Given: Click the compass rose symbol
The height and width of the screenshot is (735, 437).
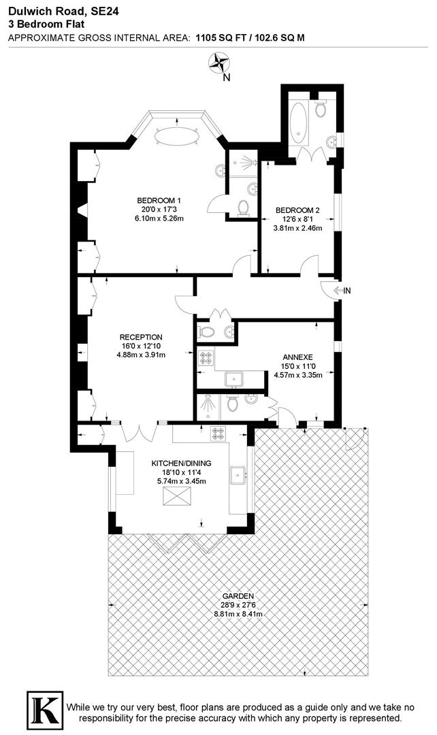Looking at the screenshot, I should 220,63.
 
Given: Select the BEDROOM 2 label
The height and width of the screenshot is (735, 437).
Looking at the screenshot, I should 297,210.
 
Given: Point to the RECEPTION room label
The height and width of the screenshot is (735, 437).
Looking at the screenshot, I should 141,337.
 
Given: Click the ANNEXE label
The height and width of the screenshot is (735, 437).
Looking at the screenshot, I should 297,357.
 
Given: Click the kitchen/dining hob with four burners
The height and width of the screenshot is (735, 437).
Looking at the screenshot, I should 218,432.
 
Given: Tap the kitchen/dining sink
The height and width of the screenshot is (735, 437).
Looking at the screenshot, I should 238,474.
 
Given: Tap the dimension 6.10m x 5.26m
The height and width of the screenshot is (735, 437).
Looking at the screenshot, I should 159,218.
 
